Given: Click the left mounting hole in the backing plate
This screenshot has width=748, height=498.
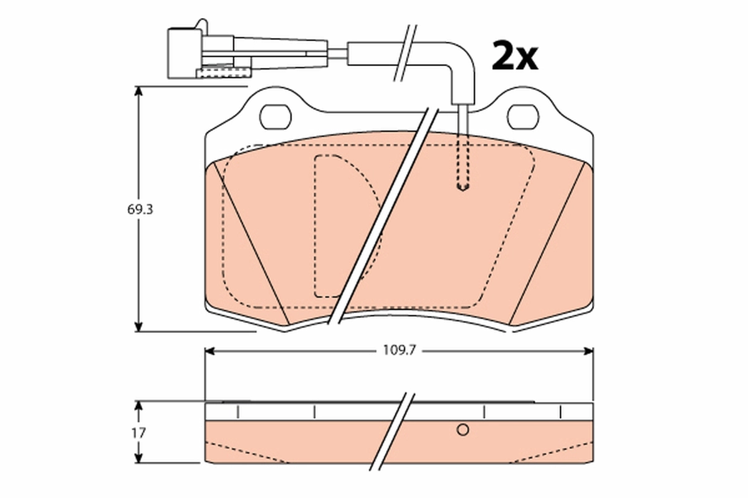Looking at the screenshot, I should pos(275,116).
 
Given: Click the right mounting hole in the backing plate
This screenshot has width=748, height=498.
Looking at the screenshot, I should pos(523,116).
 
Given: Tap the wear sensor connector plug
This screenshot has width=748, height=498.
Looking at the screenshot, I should pos(185,52).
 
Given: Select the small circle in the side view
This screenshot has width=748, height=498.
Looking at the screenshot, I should pos(463,430).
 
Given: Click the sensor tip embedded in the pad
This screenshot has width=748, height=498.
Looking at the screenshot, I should pos(463,186).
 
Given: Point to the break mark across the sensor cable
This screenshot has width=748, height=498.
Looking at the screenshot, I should pos(403,53).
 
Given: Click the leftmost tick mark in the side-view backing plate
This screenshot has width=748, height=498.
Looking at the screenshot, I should pos(237,412).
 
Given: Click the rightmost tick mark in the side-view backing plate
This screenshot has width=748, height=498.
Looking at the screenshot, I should pos(561,412).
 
